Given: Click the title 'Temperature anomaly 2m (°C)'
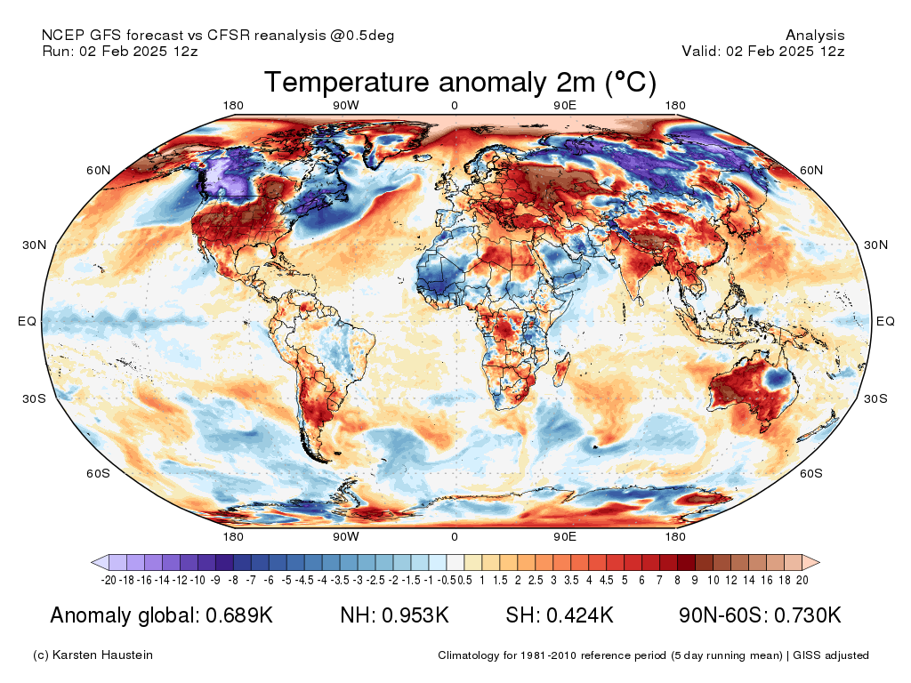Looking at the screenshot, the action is pos(460,82).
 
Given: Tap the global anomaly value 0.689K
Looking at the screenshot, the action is pos(239,615).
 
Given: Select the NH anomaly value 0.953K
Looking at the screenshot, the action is pos(415,615).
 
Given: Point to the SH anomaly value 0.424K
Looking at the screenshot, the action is pos(580,615).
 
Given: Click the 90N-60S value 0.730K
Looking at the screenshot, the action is pos(808,615).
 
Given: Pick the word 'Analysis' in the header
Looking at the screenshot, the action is pos(815,36).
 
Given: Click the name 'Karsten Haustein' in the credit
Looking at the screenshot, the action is pos(102,655).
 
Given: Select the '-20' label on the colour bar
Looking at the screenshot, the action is pos(109,580).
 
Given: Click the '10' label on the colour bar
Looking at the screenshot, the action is pos(713,580).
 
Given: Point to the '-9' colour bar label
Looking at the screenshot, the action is pos(215,580).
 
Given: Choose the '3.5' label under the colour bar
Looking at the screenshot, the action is pos(571,580).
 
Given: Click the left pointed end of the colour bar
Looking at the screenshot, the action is pos(92,562).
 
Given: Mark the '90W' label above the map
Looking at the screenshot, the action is pos(346,105).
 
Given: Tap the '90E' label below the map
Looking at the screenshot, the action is pos(565,536).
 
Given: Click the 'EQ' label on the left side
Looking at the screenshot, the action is pos(28,321).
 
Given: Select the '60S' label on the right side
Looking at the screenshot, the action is pos(811,473).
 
